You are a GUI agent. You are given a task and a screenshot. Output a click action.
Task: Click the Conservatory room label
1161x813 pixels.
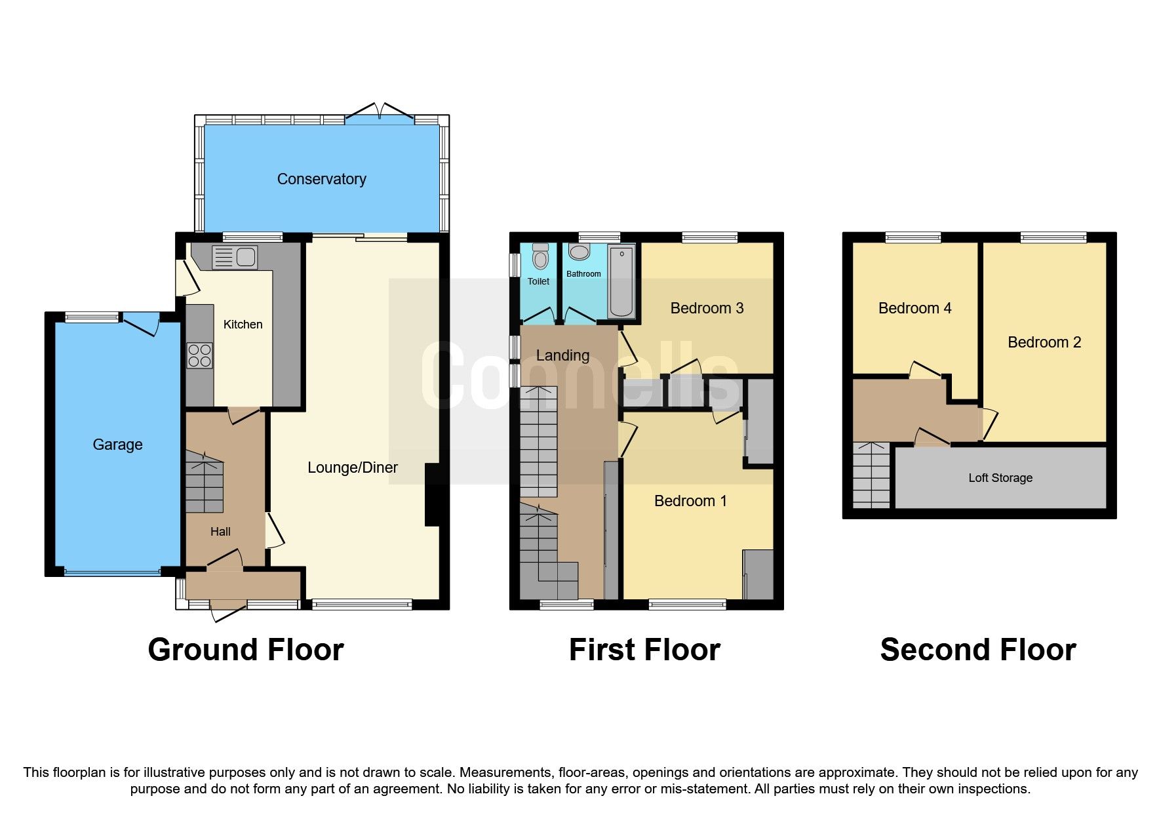[x=321, y=179]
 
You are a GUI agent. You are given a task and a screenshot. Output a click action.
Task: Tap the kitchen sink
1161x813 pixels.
[x=235, y=257]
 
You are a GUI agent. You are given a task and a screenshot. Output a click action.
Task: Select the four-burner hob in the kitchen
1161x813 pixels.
[x=200, y=355]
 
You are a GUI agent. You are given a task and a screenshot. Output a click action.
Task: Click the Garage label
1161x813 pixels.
[x=117, y=445]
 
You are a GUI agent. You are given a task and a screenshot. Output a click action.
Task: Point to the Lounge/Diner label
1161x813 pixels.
[x=353, y=467]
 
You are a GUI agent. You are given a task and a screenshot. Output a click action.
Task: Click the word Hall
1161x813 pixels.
[x=220, y=532]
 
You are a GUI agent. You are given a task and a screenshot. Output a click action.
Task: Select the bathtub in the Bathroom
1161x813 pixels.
[x=621, y=281]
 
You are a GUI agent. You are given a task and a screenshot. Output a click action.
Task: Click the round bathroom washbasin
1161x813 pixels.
[x=580, y=252]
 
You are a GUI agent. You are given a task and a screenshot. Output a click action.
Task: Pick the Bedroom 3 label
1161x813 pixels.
[x=707, y=308]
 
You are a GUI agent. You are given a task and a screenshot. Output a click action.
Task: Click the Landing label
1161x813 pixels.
[x=562, y=355]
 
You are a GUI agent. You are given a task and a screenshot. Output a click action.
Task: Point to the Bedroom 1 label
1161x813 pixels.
[x=690, y=501]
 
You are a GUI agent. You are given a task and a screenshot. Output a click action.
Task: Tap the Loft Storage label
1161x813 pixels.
[x=1000, y=478]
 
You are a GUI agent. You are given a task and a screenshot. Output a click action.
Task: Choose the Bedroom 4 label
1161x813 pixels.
[x=915, y=308]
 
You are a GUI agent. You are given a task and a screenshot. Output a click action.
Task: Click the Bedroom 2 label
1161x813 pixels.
[x=1044, y=342]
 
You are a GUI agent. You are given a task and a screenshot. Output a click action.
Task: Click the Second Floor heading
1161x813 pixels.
[x=978, y=650]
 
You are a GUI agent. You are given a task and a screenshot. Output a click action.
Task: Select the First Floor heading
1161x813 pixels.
[x=644, y=650]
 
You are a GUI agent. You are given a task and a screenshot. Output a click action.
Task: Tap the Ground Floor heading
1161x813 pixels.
[x=246, y=650]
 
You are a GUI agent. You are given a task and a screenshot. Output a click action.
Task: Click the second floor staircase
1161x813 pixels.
[x=871, y=475]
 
